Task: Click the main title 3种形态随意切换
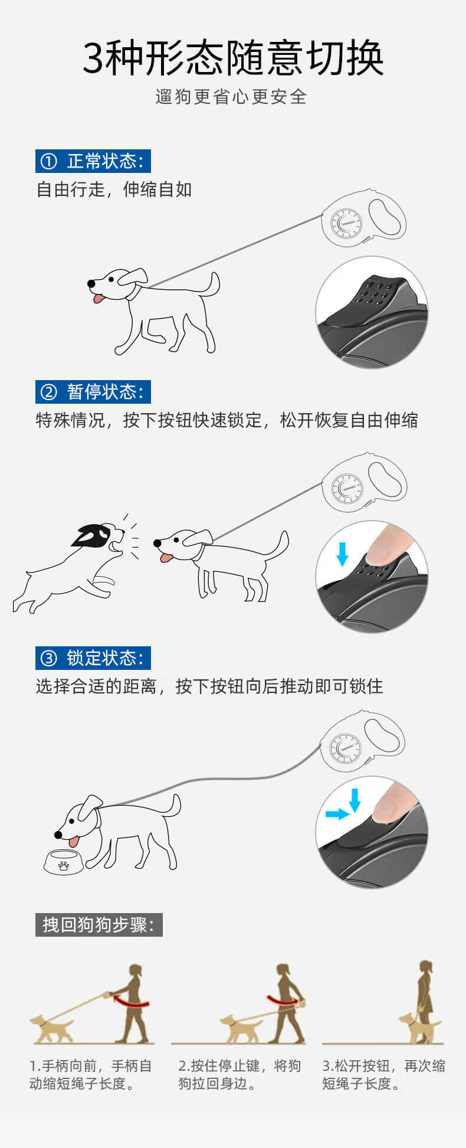click(233, 58)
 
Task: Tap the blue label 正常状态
click(93, 161)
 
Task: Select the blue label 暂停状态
click(93, 392)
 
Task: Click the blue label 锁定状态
click(93, 658)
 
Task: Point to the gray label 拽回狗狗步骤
click(99, 924)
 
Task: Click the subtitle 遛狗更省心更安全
click(232, 97)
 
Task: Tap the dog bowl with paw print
click(64, 862)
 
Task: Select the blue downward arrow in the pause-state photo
click(342, 554)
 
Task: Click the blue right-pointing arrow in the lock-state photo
click(337, 815)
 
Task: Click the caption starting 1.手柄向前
click(91, 1074)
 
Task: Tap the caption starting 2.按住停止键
click(239, 1074)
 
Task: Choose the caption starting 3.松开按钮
click(383, 1074)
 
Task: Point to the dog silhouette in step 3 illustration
click(419, 1028)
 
